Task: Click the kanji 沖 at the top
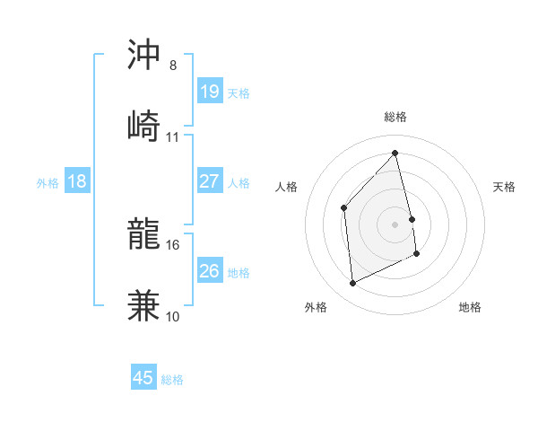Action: click(144, 55)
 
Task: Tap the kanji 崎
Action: click(144, 125)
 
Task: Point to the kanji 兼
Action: click(144, 304)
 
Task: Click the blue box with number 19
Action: click(209, 91)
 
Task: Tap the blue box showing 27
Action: click(209, 181)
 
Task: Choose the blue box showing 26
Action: click(209, 270)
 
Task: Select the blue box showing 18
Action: click(77, 181)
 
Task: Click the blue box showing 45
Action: click(143, 378)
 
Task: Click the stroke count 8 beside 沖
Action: click(172, 66)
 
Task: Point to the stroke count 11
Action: click(172, 137)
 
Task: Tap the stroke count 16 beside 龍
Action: click(172, 244)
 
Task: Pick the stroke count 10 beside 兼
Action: click(172, 316)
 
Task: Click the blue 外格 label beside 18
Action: click(48, 182)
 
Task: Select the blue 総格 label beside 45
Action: click(172, 380)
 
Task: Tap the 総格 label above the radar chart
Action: click(395, 117)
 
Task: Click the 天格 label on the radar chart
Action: click(505, 187)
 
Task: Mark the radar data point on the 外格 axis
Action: click(352, 284)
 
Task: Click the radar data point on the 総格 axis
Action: click(395, 154)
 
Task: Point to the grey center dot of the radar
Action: click(395, 224)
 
